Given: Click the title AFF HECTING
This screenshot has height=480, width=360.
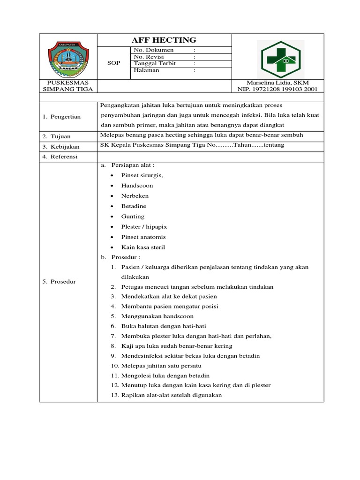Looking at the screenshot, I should pos(164,40).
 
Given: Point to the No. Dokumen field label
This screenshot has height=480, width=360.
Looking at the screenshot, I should pos(154,50).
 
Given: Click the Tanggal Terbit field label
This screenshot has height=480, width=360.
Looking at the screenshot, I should pos(155,64).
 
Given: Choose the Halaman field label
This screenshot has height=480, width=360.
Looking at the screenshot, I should pos(147,70).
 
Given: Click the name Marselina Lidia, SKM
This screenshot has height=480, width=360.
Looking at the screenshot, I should pos(278,82).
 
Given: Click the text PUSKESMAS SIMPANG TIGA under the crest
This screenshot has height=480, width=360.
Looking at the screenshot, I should pos(68,85).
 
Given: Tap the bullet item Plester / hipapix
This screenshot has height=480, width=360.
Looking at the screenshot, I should pos(144,227).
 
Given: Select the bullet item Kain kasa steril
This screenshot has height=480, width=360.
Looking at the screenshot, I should pos(143,247).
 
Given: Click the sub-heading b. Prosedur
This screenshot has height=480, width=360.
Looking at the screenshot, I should pos(125,257).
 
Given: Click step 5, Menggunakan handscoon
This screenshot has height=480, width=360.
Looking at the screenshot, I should pos(157,316).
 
